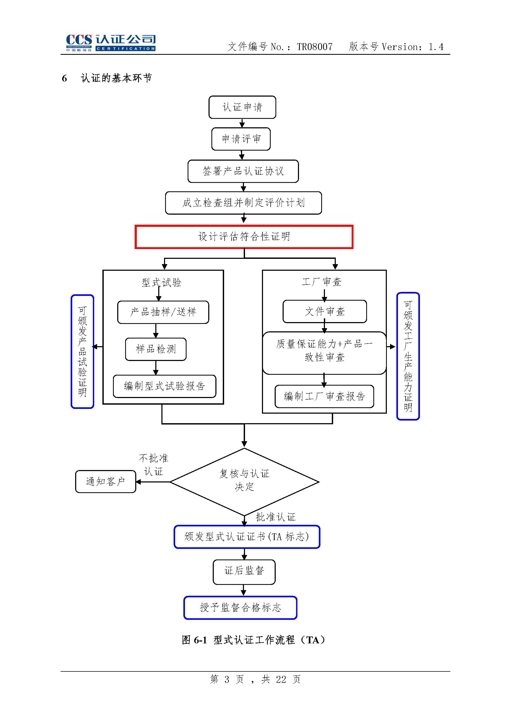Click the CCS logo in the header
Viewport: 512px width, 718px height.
click(x=110, y=43)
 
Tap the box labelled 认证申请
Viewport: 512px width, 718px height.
click(x=242, y=107)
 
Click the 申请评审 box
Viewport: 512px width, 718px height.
click(x=241, y=139)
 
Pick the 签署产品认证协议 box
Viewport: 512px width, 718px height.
click(x=243, y=171)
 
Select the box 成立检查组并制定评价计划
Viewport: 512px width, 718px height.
click(x=243, y=203)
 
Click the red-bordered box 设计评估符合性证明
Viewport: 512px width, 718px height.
click(x=244, y=237)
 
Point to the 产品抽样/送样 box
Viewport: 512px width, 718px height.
click(x=163, y=312)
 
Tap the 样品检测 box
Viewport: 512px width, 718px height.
click(x=156, y=349)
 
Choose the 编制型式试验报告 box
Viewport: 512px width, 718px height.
click(x=164, y=386)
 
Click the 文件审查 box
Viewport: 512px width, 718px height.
click(x=324, y=311)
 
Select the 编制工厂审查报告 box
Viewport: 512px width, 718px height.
click(x=324, y=396)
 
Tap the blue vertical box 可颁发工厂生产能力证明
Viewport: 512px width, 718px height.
click(x=408, y=356)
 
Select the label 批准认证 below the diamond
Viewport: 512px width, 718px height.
click(x=275, y=517)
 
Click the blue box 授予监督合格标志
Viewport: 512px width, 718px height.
click(x=240, y=607)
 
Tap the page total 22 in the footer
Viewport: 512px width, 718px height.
click(x=281, y=679)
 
